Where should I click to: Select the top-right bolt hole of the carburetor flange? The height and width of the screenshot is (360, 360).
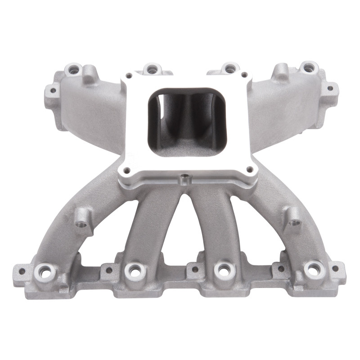[244, 75]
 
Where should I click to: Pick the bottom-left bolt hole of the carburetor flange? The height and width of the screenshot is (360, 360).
[126, 170]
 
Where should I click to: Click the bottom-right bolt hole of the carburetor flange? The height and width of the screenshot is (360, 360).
[249, 170]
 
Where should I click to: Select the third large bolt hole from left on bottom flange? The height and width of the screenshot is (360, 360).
[222, 270]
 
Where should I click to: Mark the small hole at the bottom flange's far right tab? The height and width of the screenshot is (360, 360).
[335, 269]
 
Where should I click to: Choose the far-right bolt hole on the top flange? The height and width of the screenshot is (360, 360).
[309, 68]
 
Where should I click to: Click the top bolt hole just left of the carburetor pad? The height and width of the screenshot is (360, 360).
[152, 69]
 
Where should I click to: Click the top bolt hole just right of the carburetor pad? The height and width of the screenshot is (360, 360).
[230, 69]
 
